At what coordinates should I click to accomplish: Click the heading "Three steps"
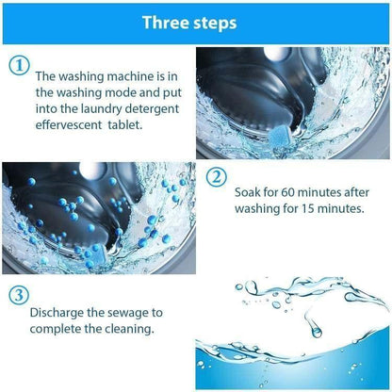pos(196,22)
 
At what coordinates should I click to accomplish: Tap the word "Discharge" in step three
pos(60,314)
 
